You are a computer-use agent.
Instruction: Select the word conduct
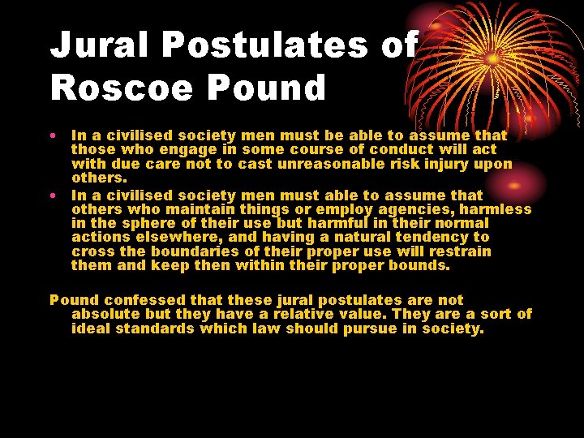click(x=405, y=149)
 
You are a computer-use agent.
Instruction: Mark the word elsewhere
click(x=184, y=237)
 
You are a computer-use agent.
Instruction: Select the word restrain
click(x=458, y=251)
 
